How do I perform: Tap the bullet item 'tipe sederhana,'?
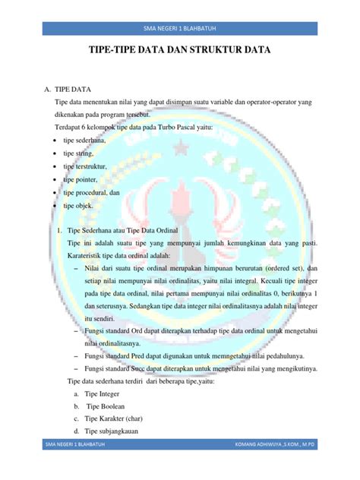tap(85, 141)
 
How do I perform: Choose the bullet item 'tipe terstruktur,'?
tap(86, 166)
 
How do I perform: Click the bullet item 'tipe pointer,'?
tap(81, 179)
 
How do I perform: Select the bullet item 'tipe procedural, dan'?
tap(92, 192)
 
